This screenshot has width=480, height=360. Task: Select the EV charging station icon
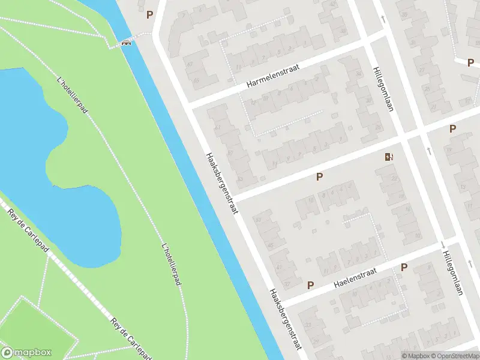[389, 158]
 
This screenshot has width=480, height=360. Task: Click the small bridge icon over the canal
[126, 42]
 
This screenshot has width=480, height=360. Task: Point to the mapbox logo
[26, 352]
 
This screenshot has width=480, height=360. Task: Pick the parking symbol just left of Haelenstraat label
[310, 285]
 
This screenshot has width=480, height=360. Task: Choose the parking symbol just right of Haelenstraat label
[404, 267]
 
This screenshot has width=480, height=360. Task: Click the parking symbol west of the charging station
[320, 176]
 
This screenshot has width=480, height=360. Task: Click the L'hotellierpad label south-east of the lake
[172, 264]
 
